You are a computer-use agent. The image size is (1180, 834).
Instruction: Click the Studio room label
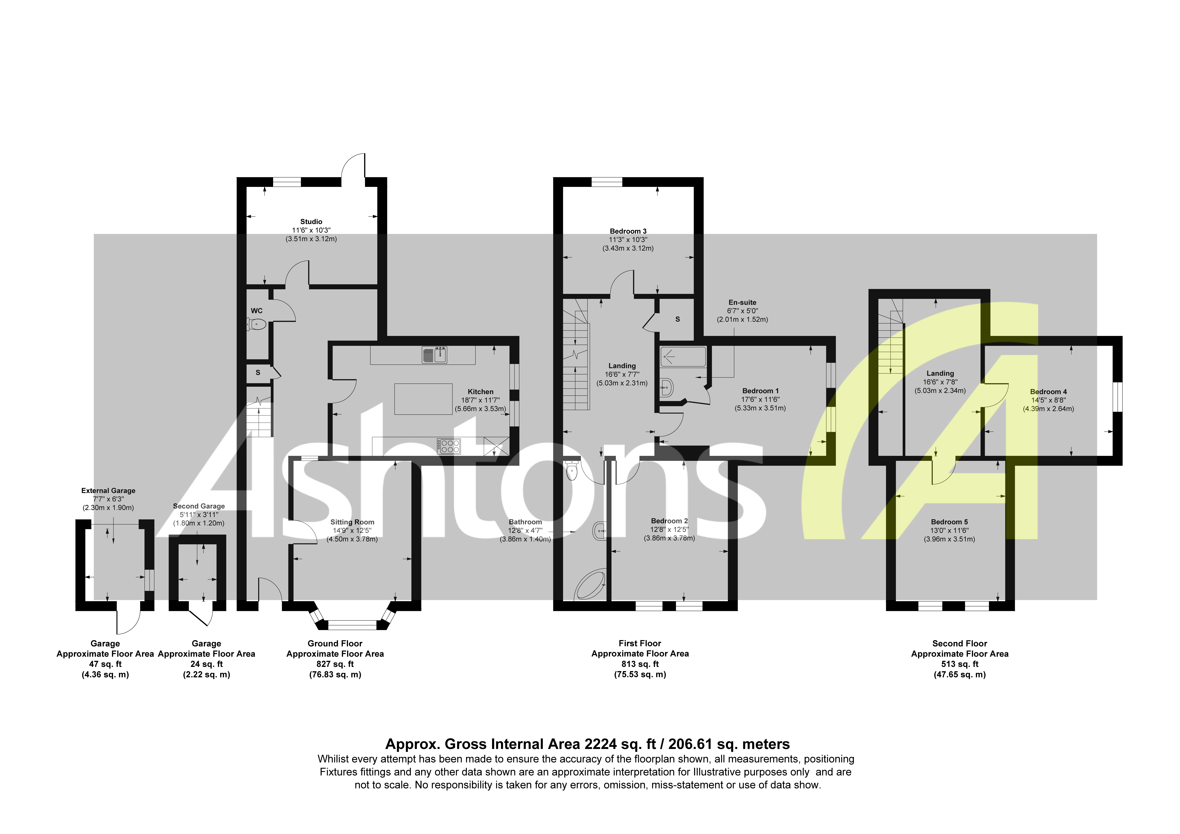click(x=311, y=222)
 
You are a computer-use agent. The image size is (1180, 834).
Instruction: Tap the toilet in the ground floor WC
click(x=257, y=324)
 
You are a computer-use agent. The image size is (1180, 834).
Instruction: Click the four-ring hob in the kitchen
click(x=449, y=446)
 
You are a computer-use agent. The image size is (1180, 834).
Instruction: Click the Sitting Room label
click(x=352, y=522)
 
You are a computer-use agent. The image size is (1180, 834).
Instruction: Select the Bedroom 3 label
click(x=628, y=231)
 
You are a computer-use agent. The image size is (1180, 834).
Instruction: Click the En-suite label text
click(x=742, y=302)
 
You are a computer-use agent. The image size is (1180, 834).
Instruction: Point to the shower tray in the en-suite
click(x=683, y=356)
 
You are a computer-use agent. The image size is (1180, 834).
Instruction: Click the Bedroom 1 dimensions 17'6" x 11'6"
click(x=760, y=399)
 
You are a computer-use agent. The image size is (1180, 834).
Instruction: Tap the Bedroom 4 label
click(x=1048, y=392)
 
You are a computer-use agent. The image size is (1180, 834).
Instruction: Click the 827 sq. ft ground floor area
click(x=335, y=664)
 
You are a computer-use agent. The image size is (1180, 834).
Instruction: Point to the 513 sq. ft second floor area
click(x=960, y=664)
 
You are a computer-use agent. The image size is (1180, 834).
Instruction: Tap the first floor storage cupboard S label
click(x=677, y=319)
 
